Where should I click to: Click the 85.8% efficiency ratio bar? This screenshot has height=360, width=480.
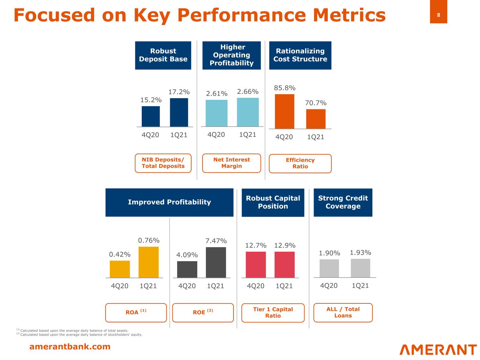point(284,111)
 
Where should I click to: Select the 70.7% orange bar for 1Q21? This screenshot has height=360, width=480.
point(316,119)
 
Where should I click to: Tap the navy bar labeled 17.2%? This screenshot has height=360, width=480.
point(179,112)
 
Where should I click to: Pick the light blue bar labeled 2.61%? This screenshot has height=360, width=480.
point(216,113)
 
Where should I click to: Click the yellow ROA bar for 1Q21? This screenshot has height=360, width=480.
point(148,262)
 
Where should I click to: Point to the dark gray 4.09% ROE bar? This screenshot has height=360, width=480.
point(187,269)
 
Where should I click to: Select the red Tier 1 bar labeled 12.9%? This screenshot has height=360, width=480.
point(284,264)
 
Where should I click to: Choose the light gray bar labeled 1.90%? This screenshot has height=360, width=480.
point(329,268)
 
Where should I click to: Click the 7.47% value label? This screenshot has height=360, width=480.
point(216,241)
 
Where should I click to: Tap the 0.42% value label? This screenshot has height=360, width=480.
point(120,254)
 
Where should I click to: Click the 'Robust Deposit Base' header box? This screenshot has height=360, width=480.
point(163,55)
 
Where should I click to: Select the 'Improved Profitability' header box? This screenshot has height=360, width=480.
point(169,202)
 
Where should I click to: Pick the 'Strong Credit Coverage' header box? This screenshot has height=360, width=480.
point(343,202)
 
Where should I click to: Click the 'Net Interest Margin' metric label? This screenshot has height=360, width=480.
point(231,163)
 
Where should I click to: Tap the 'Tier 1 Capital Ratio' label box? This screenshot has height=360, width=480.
point(273,313)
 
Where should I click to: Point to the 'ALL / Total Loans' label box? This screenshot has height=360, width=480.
point(343,312)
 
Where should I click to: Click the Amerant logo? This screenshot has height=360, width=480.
point(438,349)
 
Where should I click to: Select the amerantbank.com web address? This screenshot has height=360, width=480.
point(70,347)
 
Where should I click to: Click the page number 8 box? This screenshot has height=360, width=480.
point(439,15)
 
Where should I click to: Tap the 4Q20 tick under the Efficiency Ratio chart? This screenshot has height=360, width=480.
point(284,137)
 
